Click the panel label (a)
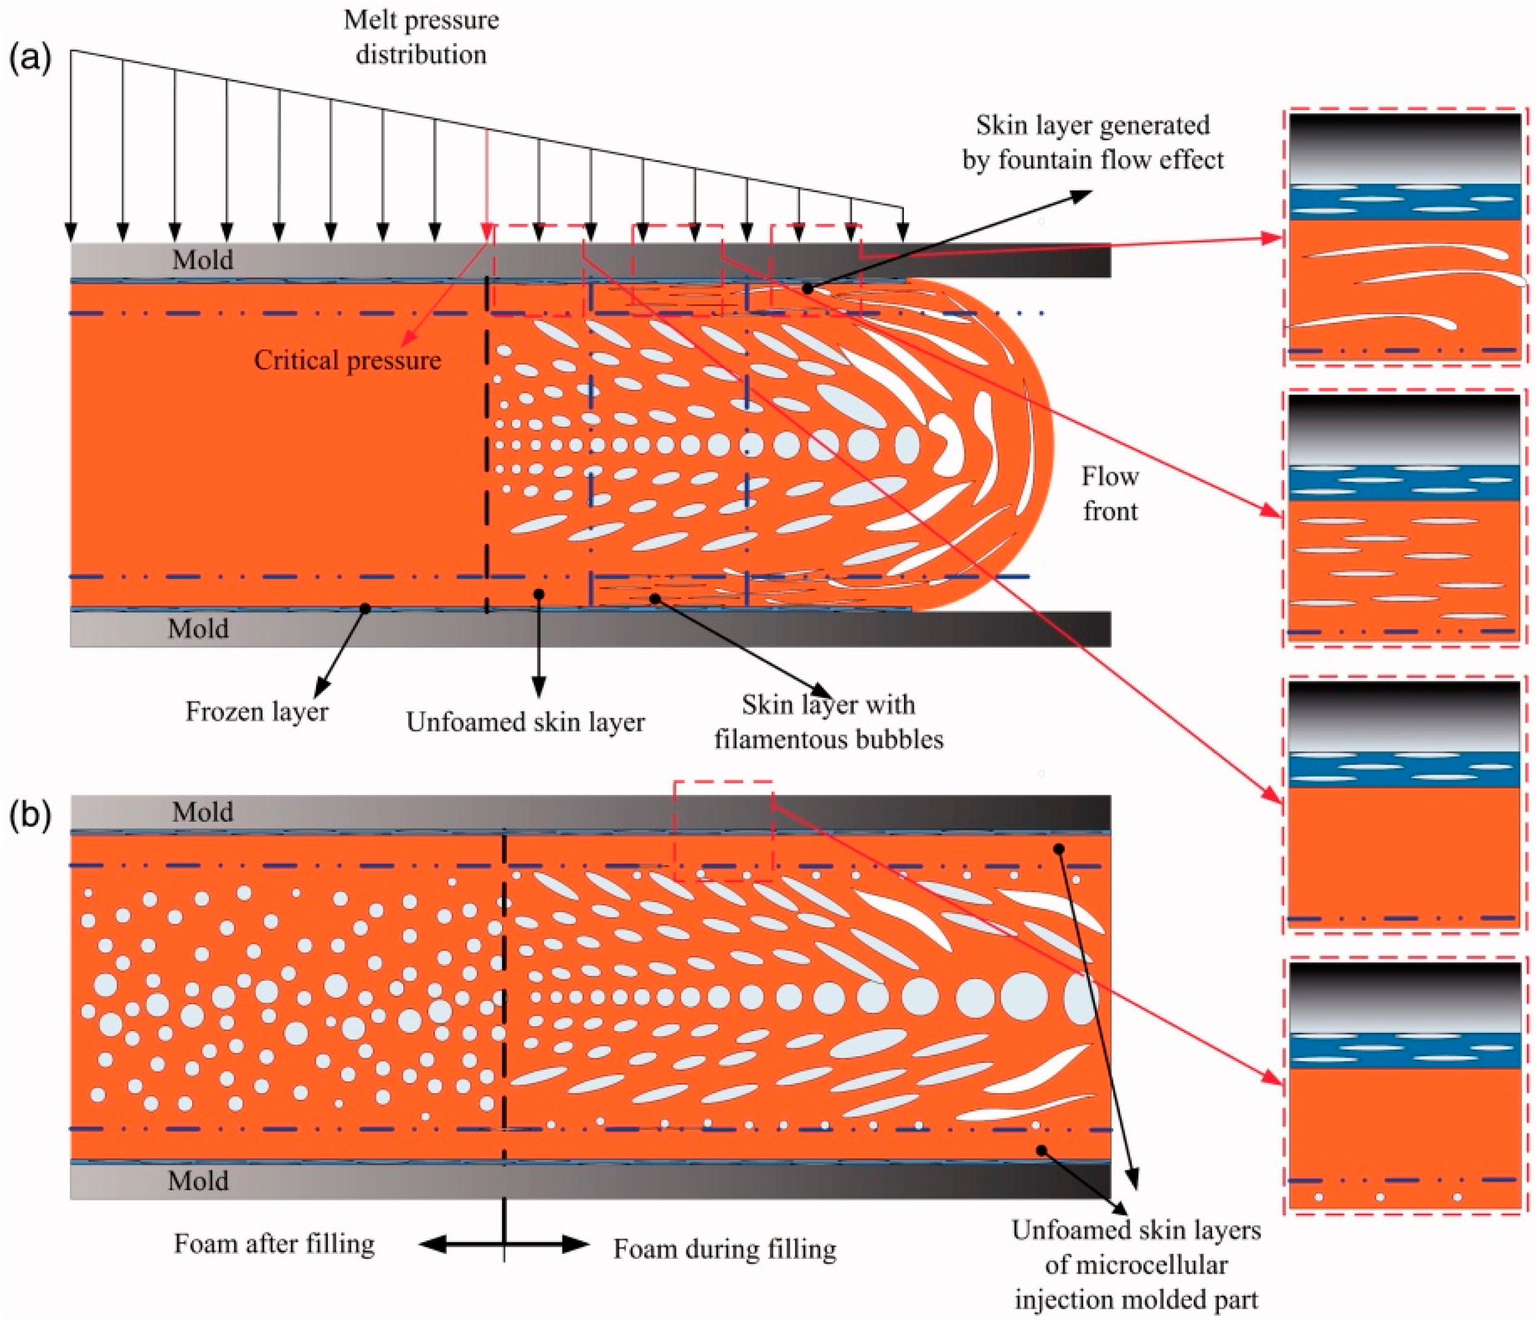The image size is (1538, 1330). point(29,60)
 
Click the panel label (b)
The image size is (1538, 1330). point(29,814)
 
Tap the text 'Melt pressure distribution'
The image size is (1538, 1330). point(421,37)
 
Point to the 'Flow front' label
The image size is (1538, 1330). point(1110,493)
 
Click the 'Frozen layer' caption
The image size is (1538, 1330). point(257,711)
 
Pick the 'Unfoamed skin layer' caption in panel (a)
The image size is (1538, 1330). point(525,721)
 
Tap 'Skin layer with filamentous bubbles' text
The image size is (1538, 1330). point(829,721)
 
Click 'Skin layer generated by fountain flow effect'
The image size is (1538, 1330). point(1092,142)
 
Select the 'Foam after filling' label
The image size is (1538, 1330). point(275,1243)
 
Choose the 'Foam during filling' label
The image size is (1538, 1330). point(724,1249)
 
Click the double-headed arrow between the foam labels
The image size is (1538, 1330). point(504,1245)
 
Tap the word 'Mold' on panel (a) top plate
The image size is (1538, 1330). point(203,260)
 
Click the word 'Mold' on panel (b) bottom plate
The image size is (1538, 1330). point(198,1180)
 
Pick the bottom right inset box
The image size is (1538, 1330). point(1405,1088)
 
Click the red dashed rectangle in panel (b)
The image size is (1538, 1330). point(723,830)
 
